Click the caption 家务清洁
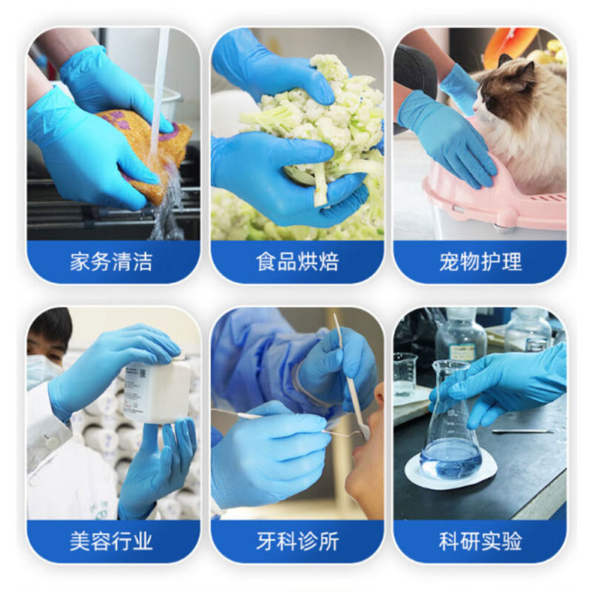point(111,262)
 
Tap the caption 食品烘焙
point(297,262)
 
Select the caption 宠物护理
point(480,262)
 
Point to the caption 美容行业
point(111,540)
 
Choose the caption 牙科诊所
point(297,540)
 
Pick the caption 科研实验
point(480,540)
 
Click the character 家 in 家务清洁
point(80,262)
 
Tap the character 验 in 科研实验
point(512,540)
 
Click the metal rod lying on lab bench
point(522,431)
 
